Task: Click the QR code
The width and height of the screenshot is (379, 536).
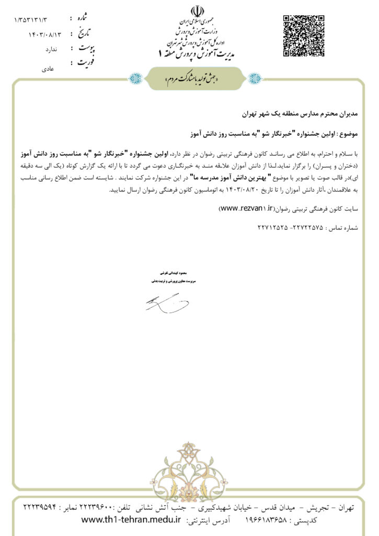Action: click(x=301, y=35)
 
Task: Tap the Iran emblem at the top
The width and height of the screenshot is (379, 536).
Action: click(x=197, y=12)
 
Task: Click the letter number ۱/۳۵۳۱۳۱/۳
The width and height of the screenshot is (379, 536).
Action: click(x=31, y=20)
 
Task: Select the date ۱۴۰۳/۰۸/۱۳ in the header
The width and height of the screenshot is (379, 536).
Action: click(x=45, y=35)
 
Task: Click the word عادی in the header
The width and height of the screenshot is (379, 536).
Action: click(x=48, y=69)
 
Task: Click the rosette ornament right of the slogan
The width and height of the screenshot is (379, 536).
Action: click(x=255, y=79)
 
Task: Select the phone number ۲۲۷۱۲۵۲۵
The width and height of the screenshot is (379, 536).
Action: click(x=272, y=228)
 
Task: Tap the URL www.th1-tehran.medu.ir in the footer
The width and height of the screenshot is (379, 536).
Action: click(x=131, y=520)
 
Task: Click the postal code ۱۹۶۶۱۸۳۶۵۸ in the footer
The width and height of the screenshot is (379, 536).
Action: click(x=272, y=520)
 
